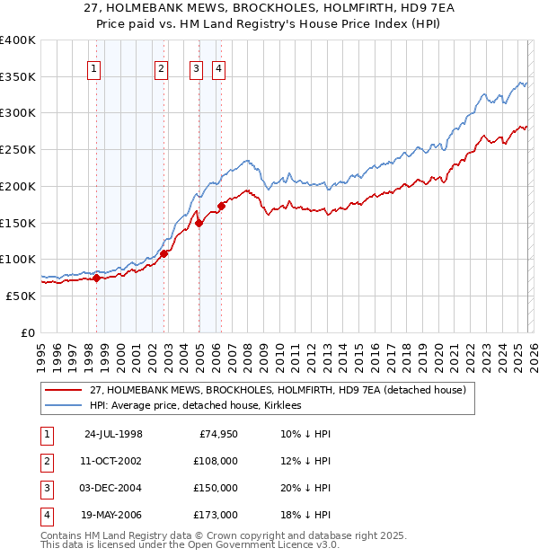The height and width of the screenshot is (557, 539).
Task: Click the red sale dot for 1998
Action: coord(97,278)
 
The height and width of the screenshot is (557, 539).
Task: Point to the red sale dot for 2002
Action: coord(164,253)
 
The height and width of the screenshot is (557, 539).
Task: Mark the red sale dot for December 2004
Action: coord(199,223)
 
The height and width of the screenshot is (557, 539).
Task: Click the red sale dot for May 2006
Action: coord(221,206)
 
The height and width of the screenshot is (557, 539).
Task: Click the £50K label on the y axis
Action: coord(21,296)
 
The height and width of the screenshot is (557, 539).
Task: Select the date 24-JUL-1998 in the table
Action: coord(113,435)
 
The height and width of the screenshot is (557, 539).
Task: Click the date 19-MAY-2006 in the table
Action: coord(113,515)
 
